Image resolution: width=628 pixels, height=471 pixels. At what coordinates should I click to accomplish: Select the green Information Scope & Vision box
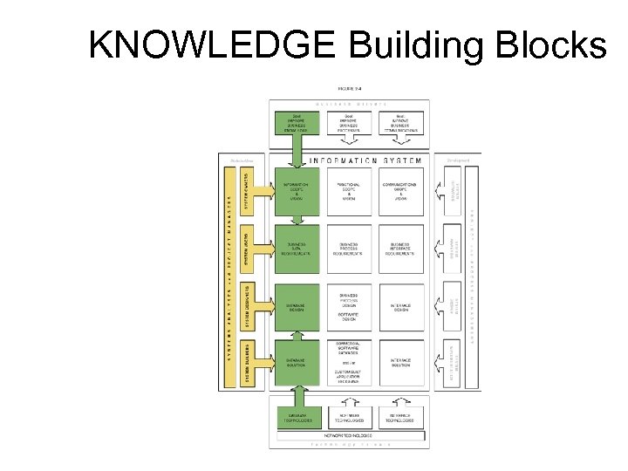(x=297, y=191)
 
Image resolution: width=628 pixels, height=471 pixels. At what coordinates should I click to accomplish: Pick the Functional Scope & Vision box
(x=348, y=191)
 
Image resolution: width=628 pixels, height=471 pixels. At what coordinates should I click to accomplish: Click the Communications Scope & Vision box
(x=400, y=191)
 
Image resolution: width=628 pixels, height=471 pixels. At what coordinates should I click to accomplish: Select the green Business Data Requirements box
(x=297, y=249)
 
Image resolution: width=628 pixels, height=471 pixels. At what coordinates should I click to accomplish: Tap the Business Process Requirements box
(x=348, y=249)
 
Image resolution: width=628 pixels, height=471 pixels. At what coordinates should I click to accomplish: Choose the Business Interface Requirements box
(x=400, y=249)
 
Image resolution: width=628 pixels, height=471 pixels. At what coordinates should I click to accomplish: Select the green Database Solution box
(x=297, y=363)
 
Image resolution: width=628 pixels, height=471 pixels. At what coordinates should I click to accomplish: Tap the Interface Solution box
(x=400, y=363)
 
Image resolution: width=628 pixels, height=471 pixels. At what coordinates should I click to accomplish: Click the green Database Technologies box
(x=297, y=418)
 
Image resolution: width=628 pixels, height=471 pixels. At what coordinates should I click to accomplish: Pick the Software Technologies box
(x=348, y=418)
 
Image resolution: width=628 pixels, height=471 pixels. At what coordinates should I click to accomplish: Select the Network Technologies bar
(x=350, y=434)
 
